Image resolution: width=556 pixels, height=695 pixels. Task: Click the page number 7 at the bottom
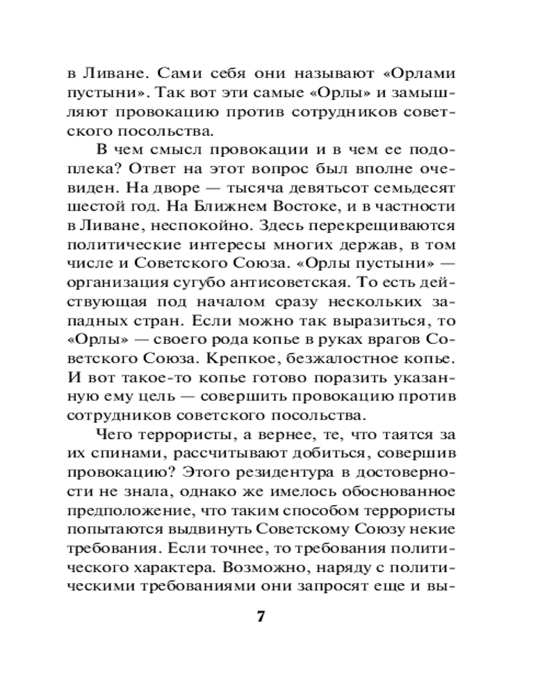tap(262, 617)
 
